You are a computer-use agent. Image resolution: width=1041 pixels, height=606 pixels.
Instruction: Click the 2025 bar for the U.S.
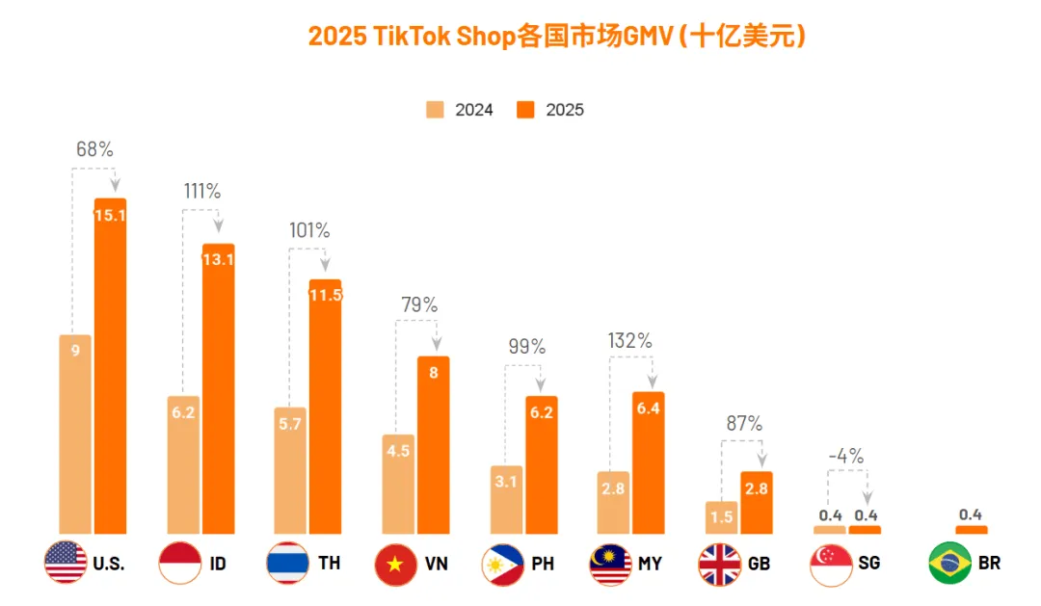click(110, 366)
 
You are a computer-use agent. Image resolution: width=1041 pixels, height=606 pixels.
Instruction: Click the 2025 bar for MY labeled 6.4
click(648, 462)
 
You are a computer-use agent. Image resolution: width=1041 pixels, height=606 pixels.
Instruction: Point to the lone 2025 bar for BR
click(971, 529)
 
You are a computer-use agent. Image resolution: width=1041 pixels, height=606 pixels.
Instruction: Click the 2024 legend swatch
click(436, 109)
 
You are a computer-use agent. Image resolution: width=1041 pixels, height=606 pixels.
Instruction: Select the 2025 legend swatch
click(525, 109)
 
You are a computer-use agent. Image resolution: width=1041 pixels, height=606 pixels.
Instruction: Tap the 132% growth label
click(629, 340)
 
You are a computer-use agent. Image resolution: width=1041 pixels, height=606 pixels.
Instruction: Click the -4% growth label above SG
click(846, 456)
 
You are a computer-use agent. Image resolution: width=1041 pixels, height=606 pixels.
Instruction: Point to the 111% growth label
click(202, 191)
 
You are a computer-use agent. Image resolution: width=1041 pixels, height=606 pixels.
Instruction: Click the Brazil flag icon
click(949, 563)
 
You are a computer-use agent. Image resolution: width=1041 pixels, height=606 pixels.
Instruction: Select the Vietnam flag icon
click(395, 563)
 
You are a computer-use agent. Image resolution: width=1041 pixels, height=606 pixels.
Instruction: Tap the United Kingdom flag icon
click(719, 563)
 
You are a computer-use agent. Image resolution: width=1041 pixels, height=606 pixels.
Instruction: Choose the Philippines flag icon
click(502, 563)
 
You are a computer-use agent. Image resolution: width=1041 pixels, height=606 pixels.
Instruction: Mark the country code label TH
click(330, 563)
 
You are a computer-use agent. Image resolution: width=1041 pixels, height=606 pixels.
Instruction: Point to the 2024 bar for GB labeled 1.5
click(721, 517)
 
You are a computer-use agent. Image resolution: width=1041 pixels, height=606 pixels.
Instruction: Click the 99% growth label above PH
click(526, 346)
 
